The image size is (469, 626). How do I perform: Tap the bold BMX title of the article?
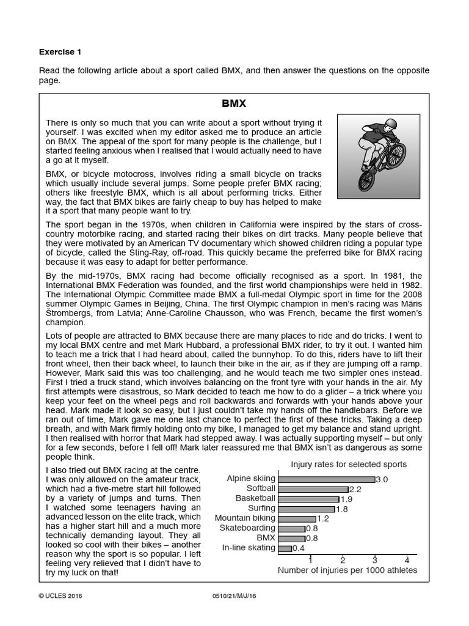coord(234,105)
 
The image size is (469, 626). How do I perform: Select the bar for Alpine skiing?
coord(327,479)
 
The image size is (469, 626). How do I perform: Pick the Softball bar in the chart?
coord(313,489)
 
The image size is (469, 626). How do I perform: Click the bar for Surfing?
coord(307,509)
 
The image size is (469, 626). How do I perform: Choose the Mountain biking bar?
coord(297,518)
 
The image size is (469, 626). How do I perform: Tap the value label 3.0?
coord(382,479)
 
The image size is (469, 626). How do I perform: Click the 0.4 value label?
coord(299,548)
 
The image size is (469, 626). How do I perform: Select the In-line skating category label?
coord(249,548)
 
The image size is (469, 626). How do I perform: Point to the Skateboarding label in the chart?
coord(245,528)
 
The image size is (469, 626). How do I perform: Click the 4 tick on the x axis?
coord(407,560)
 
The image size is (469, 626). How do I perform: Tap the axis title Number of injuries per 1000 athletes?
coord(347,570)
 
